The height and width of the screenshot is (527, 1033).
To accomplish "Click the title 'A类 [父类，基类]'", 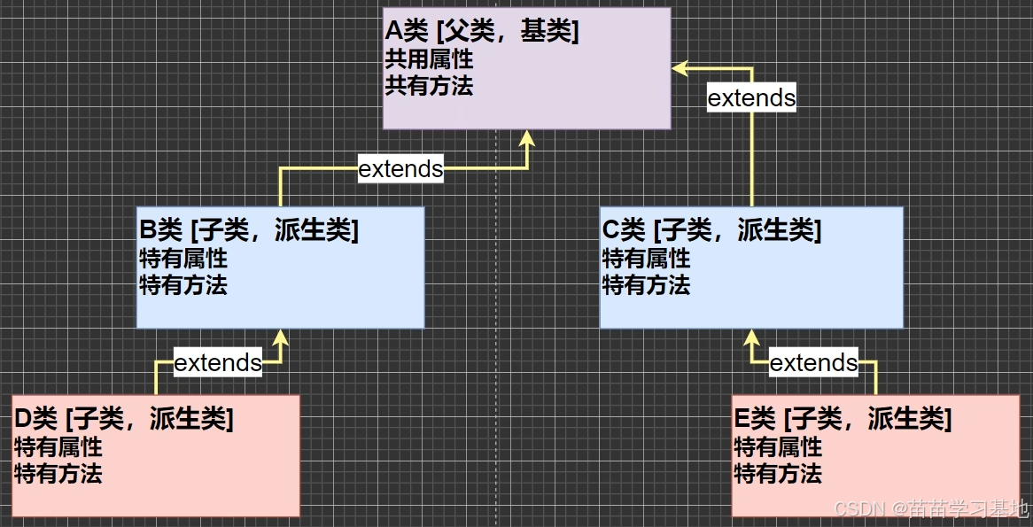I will (482, 32).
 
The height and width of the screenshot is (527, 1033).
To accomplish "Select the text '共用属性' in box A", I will (429, 59).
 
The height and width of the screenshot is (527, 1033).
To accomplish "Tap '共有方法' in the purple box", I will (429, 85).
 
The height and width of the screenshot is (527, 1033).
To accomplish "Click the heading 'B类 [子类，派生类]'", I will (249, 230).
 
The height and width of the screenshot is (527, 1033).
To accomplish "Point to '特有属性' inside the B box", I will (183, 259).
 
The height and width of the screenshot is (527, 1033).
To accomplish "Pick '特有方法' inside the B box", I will (183, 284).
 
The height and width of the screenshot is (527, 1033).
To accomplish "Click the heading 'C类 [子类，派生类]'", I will (711, 230).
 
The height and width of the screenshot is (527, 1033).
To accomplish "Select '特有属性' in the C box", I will (646, 259).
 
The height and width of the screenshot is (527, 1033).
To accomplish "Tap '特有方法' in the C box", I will (646, 284).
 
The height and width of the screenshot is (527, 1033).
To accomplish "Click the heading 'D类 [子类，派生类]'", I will (124, 418).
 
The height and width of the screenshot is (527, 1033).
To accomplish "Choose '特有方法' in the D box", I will (58, 473).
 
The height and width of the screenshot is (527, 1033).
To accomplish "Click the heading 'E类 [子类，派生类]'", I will (843, 418).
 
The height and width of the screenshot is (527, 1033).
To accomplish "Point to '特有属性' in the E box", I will (778, 446).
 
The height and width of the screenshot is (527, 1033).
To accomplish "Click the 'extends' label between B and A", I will (400, 168).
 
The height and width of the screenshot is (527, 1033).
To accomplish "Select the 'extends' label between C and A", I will (751, 97).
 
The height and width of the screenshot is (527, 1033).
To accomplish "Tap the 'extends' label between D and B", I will (218, 362).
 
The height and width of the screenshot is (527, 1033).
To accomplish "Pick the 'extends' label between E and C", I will (813, 362).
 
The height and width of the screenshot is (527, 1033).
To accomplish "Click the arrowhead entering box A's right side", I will (679, 67).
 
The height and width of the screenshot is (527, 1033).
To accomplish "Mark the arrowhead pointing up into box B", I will (281, 337).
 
